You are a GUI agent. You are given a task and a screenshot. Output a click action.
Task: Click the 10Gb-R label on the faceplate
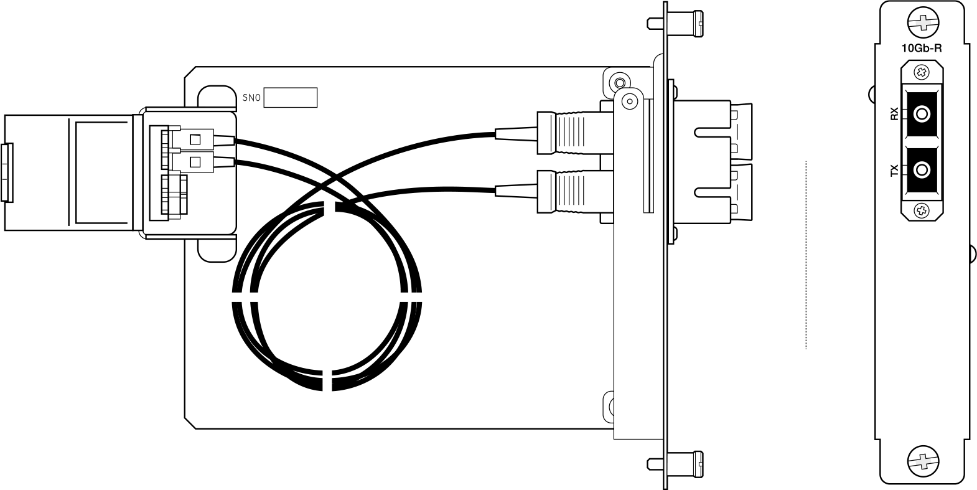922,48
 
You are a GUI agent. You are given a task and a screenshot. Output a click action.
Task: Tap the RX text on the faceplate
895,114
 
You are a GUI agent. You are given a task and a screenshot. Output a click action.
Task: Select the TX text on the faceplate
895,170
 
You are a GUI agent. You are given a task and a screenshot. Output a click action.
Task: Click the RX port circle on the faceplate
922,115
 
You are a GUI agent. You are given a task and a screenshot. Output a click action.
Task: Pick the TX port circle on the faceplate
922,170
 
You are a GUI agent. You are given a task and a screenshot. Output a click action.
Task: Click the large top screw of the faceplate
923,22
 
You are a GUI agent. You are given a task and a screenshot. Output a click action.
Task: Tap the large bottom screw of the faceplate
923,461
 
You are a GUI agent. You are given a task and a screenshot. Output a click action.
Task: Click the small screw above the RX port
922,72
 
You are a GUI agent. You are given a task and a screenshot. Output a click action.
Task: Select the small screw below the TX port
922,211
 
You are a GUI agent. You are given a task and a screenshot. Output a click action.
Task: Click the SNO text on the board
251,98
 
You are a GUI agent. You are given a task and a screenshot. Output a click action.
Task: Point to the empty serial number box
291,97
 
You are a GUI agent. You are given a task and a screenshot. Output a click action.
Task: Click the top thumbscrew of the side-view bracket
675,24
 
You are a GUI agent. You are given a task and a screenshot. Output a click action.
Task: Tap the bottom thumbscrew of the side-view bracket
675,464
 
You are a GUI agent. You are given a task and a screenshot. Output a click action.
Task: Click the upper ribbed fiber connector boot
575,133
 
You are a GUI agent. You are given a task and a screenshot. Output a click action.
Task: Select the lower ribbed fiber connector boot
575,192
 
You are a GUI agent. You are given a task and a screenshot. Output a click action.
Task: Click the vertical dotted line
806,255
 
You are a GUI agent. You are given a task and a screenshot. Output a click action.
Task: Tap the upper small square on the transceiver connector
195,139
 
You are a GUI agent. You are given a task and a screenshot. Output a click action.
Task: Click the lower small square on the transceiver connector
195,162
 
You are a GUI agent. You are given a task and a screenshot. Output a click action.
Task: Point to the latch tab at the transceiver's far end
7,173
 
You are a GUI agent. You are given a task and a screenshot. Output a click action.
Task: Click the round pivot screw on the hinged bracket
629,102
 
